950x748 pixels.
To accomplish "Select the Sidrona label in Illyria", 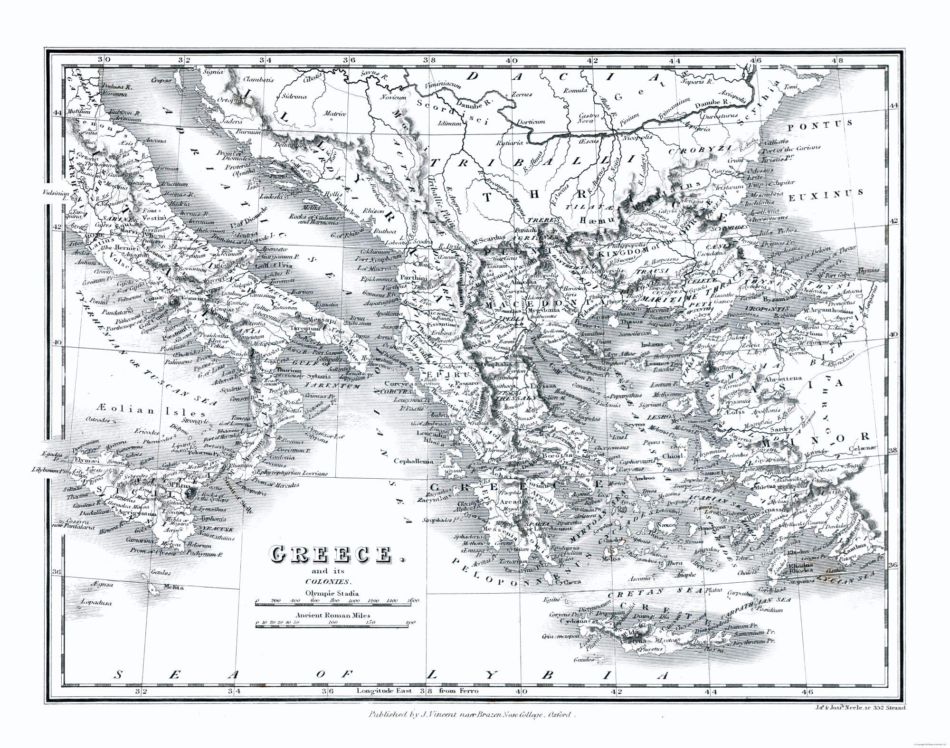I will pos(294,96).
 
